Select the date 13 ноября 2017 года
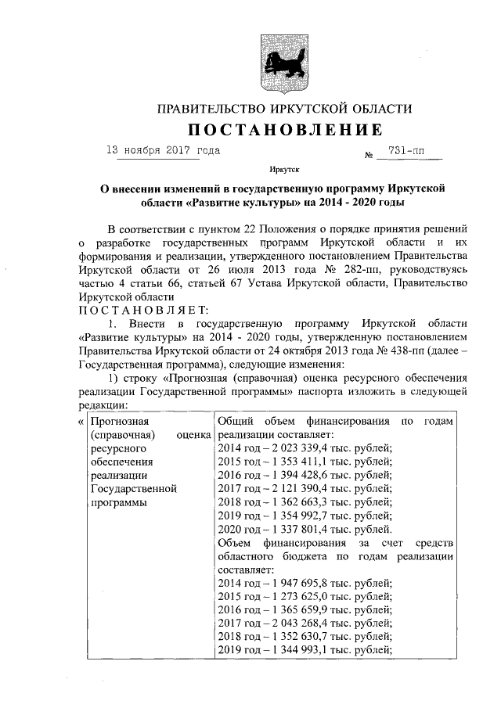pos(163,149)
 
